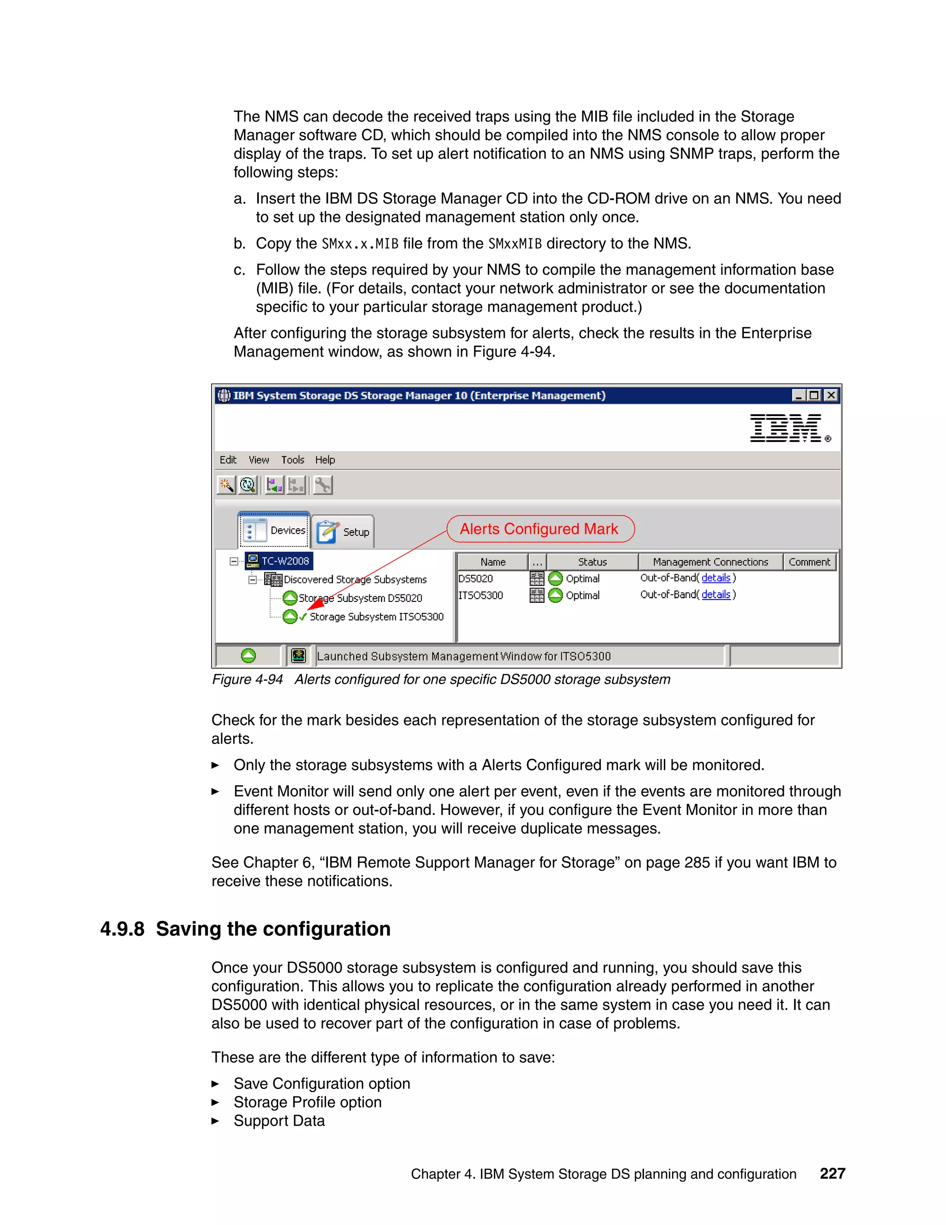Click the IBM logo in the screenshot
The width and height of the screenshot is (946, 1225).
click(x=786, y=429)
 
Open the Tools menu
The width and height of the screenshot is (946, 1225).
click(x=292, y=460)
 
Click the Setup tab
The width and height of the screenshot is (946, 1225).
click(x=344, y=532)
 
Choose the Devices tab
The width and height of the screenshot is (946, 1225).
click(x=275, y=530)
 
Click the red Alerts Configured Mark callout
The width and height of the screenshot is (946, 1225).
click(x=540, y=529)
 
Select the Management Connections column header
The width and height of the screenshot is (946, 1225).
click(x=710, y=562)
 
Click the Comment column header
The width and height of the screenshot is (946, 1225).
click(x=809, y=562)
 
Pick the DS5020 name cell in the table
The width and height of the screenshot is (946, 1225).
click(x=476, y=578)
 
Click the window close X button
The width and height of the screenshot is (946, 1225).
click(x=831, y=395)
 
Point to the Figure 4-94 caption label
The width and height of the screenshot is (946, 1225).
click(x=247, y=679)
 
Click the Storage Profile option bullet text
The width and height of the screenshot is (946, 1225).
click(x=307, y=1102)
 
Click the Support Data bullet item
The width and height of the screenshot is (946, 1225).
click(x=279, y=1121)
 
